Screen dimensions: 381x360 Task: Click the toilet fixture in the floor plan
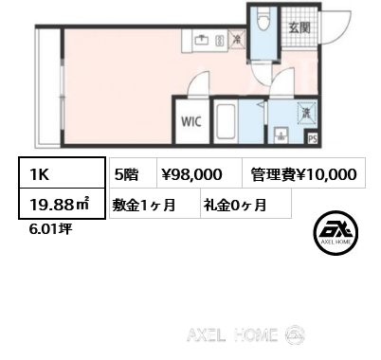[x=263, y=19]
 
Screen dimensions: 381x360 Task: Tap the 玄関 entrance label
[x=299, y=28]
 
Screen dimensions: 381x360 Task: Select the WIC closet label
[x=191, y=121]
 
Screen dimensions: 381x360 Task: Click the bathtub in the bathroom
[x=226, y=121]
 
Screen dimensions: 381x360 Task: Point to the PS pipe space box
[x=313, y=139]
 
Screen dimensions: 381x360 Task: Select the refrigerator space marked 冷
[x=237, y=40]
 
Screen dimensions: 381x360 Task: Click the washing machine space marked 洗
[x=306, y=112]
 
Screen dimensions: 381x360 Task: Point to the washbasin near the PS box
[x=281, y=135]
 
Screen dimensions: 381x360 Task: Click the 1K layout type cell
[x=62, y=172]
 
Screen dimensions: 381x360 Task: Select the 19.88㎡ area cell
[x=62, y=204]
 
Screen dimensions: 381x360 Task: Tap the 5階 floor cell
[x=133, y=173]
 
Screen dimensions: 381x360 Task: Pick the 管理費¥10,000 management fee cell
[x=303, y=173]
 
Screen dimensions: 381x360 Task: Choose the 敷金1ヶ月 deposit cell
[x=154, y=204]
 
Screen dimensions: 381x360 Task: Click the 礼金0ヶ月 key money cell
[x=245, y=204]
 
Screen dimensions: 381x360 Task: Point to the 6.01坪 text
[x=50, y=229]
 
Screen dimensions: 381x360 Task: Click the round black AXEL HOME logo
[x=336, y=233]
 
